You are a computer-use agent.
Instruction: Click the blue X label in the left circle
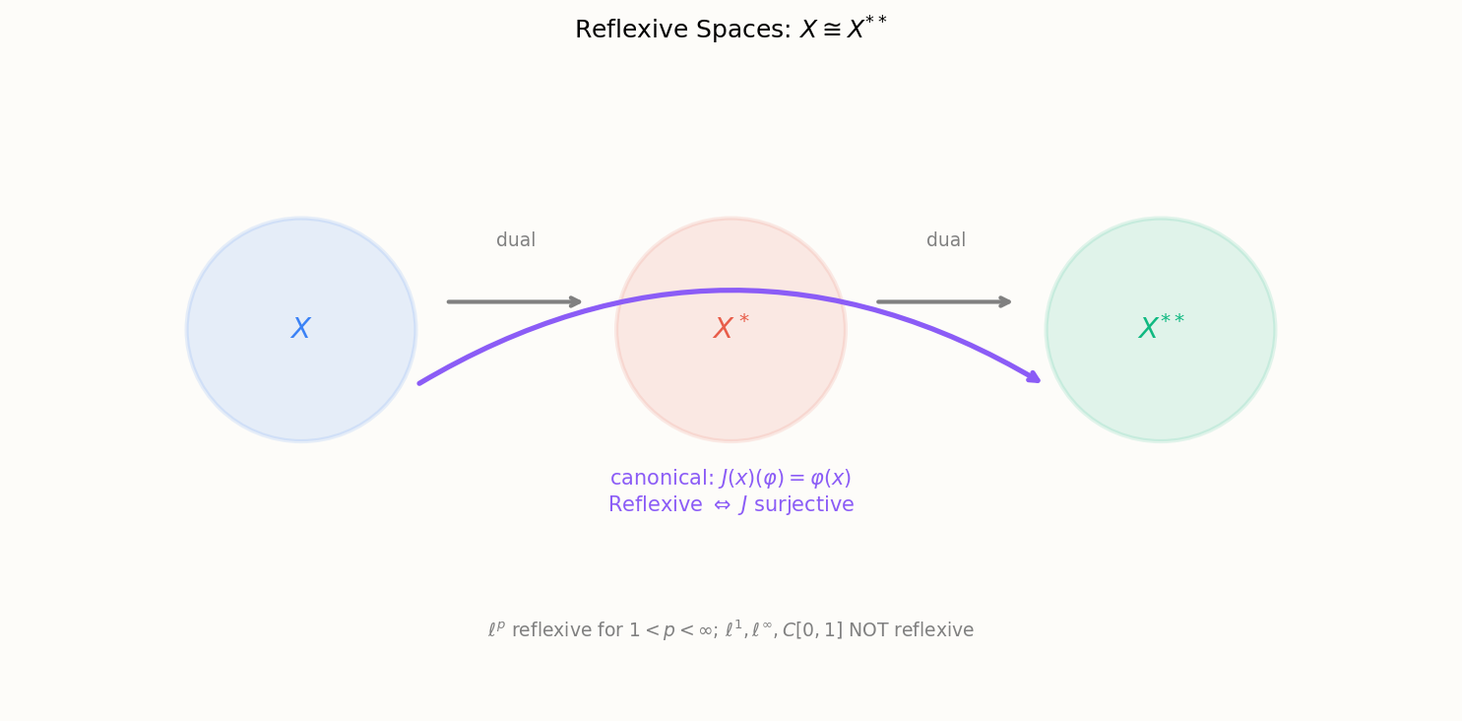click(300, 328)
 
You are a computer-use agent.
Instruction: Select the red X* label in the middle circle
click(731, 327)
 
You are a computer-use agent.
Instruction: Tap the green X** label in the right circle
click(1161, 327)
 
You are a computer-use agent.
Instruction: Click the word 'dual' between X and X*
click(516, 239)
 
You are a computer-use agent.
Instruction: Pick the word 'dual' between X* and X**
click(946, 239)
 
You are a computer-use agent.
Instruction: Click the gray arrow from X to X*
click(514, 301)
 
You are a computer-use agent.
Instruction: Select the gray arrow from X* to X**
click(944, 301)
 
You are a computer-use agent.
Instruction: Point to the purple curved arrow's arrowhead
click(1034, 377)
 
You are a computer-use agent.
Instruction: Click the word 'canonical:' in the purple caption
click(663, 478)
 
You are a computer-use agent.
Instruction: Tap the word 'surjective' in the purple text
click(804, 504)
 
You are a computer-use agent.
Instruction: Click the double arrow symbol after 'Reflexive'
click(722, 505)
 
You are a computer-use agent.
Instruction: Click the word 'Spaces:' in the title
click(743, 30)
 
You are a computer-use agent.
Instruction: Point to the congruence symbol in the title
click(831, 30)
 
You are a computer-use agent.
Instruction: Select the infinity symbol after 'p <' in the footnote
click(705, 630)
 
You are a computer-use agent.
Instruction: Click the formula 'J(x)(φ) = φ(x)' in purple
click(786, 478)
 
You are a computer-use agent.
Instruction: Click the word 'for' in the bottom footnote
click(609, 630)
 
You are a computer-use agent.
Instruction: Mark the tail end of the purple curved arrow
click(419, 383)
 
